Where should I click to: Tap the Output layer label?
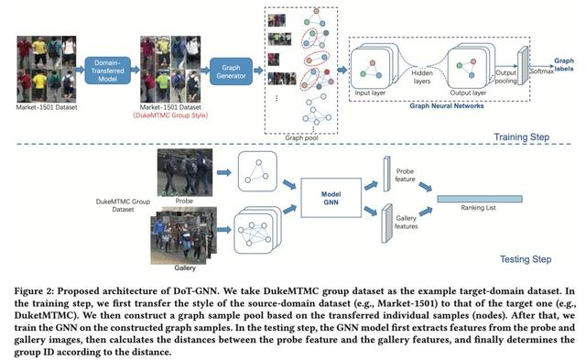click(473, 92)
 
